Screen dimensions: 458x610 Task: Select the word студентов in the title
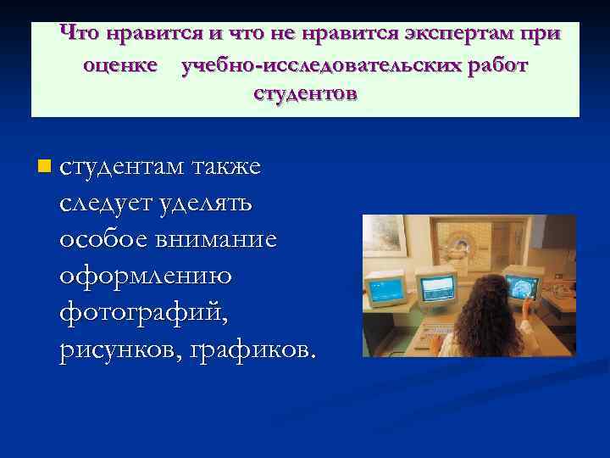305,93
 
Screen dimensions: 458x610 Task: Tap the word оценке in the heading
120,65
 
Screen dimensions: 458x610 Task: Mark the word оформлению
146,276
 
